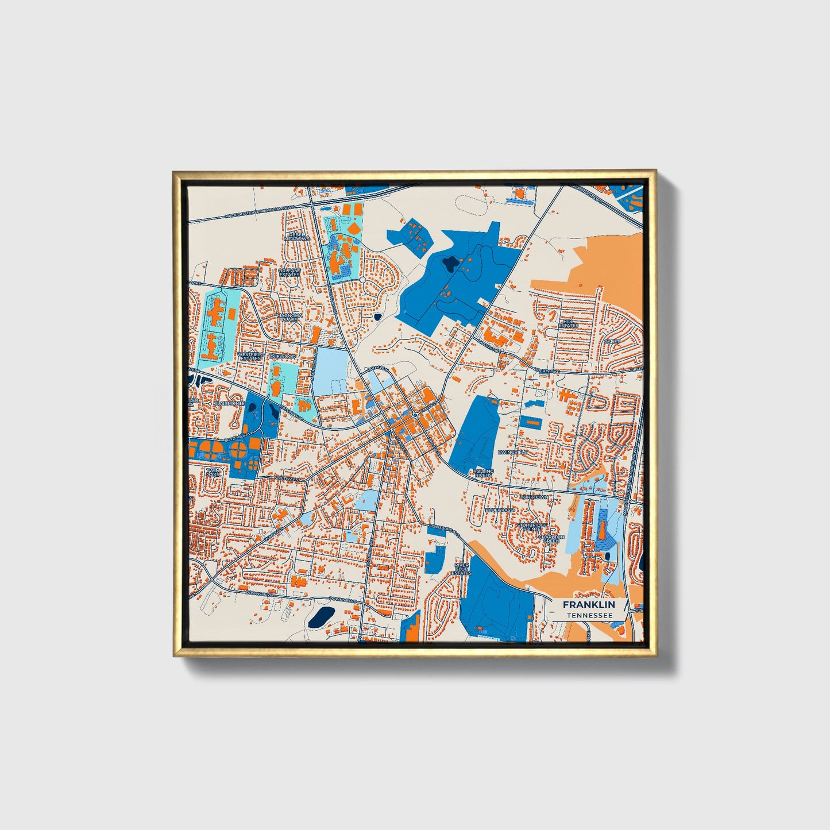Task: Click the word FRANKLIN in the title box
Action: (x=588, y=605)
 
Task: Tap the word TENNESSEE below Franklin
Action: (x=588, y=615)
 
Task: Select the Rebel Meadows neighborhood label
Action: (x=299, y=236)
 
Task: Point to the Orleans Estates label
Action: (x=289, y=272)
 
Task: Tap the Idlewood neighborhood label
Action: (x=283, y=357)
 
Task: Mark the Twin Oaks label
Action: (x=213, y=473)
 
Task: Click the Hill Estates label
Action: (x=569, y=324)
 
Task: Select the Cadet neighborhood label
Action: (x=611, y=341)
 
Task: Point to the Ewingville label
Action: (x=512, y=453)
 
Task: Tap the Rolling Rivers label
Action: (x=483, y=473)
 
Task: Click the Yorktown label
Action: (x=534, y=497)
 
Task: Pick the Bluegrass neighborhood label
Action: (x=499, y=510)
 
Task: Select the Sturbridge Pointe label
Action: (x=532, y=526)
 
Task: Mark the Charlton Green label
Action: (x=551, y=539)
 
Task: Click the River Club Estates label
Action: (x=461, y=569)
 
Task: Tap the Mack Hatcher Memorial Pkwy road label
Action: (x=260, y=212)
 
